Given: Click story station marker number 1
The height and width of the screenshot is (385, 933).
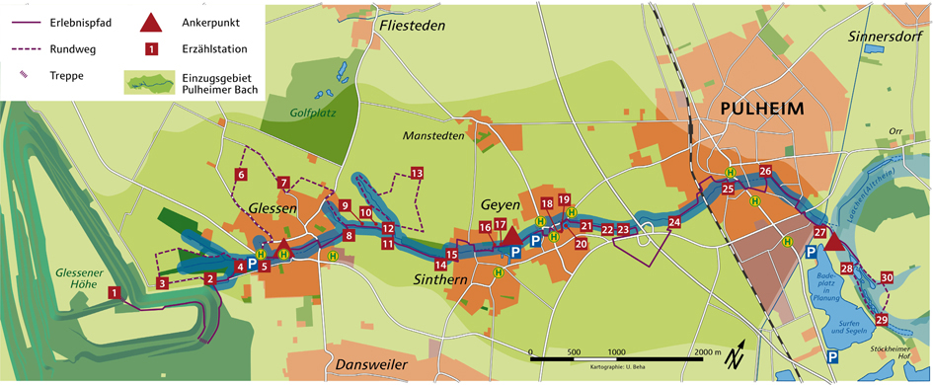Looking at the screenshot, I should [x=116, y=292].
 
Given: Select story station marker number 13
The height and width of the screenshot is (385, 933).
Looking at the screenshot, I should [x=417, y=174].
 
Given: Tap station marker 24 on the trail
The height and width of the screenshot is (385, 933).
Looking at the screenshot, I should [x=674, y=224].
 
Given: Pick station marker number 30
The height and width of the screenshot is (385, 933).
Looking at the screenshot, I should [x=887, y=278].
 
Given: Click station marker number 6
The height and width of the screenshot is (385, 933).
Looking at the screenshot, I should [x=241, y=175].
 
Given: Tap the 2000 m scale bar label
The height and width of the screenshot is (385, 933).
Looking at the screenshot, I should [x=705, y=351].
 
